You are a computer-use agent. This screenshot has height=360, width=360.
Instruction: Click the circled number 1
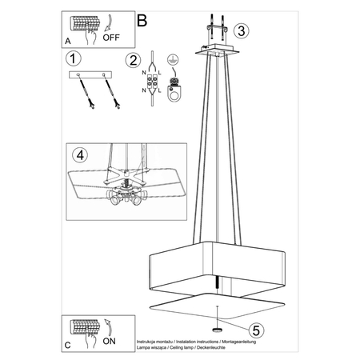[x=74, y=58]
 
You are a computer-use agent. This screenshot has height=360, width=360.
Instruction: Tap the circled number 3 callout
[x=244, y=31]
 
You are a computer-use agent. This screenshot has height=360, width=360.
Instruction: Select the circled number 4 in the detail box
[x=77, y=154]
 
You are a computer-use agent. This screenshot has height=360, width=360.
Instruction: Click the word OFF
[x=112, y=36]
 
